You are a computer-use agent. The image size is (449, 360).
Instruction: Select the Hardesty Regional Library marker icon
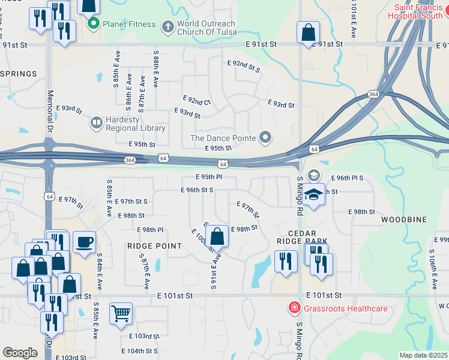95,123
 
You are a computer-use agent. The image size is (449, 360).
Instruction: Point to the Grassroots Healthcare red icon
294,308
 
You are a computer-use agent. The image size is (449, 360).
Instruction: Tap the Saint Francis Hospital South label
420,13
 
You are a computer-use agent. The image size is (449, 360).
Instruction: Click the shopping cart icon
121,313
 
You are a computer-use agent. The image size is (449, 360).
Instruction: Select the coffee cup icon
84,241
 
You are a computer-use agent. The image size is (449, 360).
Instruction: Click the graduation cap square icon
313,195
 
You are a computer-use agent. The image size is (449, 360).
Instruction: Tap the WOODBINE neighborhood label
404,220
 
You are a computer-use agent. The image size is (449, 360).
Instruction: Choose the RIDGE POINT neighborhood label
154,246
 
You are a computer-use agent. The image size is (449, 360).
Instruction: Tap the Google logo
20,353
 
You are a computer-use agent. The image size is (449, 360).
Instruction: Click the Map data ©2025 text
424,355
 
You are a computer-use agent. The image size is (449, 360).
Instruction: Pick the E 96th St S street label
197,190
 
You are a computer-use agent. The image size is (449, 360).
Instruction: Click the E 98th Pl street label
150,230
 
